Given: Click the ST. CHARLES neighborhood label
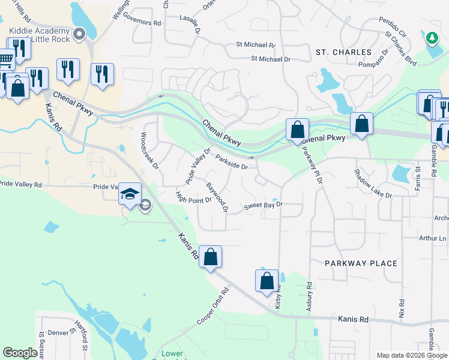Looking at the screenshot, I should (343, 52).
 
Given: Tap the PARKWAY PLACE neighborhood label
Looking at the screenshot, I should (361, 263).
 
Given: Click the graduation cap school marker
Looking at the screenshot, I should (130, 194).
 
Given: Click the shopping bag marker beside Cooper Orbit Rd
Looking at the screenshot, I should (210, 257).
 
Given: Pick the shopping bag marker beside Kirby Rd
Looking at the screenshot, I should (267, 281).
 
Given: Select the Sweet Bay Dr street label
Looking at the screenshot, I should (263, 206).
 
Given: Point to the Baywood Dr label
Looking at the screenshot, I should (217, 197).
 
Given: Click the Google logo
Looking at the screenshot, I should (20, 353).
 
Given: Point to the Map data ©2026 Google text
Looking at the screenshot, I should (411, 355).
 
